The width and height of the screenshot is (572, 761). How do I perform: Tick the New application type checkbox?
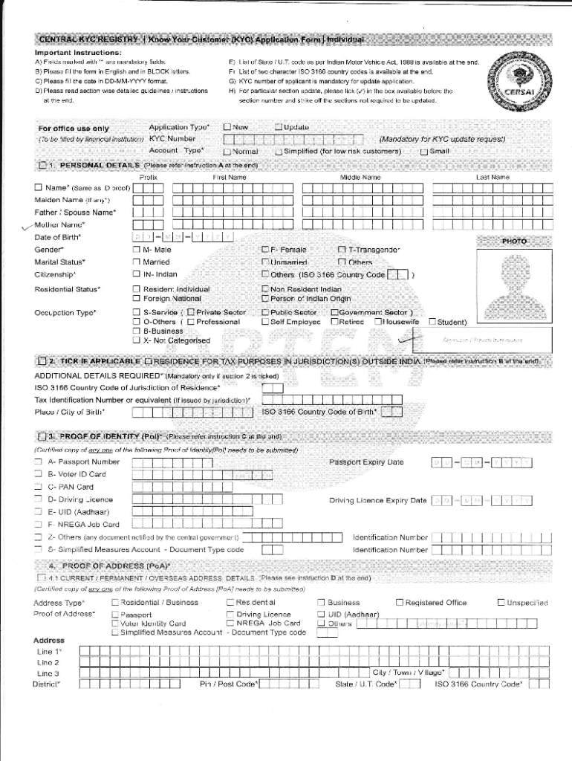227,127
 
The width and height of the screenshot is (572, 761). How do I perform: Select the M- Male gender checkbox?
136,250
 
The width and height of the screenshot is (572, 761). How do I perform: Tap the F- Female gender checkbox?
264,250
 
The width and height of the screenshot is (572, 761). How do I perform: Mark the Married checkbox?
136,262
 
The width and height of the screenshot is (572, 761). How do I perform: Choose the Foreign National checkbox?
136,298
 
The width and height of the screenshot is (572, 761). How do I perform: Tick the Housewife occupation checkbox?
378,322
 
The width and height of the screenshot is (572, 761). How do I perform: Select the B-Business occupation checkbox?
136,331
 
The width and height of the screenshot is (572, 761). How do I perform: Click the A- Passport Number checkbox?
38,462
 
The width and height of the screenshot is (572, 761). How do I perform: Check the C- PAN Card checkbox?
38,487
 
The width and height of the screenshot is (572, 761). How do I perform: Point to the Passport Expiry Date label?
365,462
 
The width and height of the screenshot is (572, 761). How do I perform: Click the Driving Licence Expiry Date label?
377,500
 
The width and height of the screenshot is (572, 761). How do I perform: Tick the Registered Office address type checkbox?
400,602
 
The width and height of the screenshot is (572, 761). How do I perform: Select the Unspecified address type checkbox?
501,602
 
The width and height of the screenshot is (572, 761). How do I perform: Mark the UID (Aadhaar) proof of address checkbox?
321,614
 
